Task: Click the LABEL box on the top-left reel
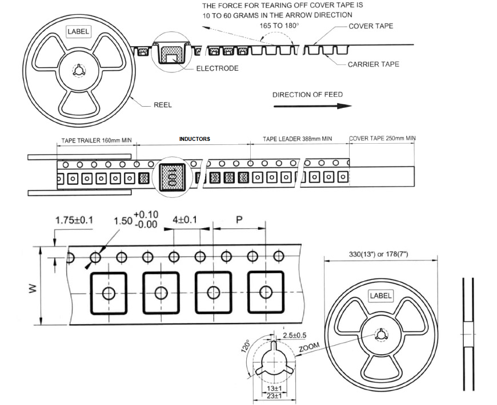coord(78,31)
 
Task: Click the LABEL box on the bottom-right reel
coord(380,295)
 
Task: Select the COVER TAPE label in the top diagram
coord(371,26)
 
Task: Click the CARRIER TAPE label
coord(373,64)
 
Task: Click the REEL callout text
coord(162,105)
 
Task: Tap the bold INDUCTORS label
coord(194,139)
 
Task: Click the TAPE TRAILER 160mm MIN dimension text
coord(96,139)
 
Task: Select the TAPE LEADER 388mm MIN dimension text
coord(297,139)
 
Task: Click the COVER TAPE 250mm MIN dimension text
coord(382,139)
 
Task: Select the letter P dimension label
coord(239,219)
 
